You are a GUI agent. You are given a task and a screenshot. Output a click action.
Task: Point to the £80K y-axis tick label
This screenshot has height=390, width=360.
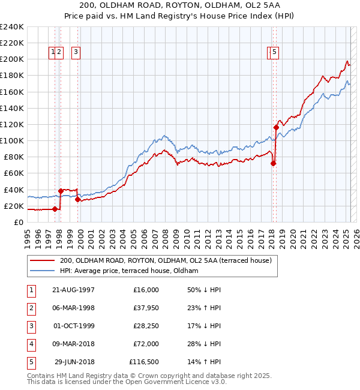tap(13, 157)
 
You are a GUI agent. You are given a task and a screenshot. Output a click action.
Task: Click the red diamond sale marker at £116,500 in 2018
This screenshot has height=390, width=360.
tap(276, 127)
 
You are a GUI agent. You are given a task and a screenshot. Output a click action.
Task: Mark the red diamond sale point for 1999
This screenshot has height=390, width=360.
tap(77, 199)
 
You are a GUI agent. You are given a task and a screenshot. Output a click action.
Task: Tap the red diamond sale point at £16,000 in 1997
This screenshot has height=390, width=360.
tap(55, 209)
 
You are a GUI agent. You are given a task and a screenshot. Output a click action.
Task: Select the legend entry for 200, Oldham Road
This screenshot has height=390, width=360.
tap(166, 260)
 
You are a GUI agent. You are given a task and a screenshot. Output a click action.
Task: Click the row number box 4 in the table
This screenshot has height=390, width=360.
tap(31, 344)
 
